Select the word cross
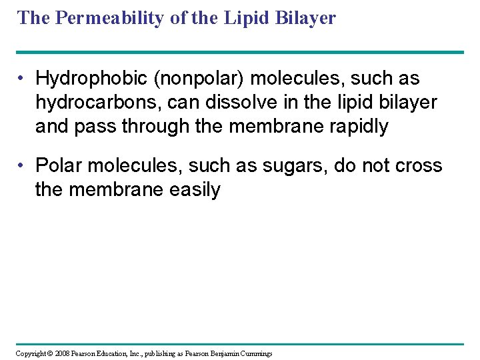[x=416, y=165]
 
